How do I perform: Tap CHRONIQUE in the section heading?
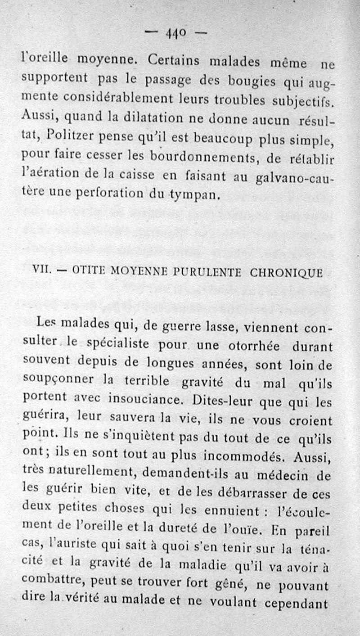tap(285, 273)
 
